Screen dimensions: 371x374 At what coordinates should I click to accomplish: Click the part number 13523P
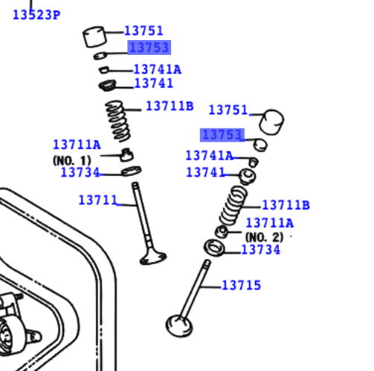[x=36, y=14]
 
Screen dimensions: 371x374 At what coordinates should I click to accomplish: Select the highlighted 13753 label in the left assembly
[x=149, y=47]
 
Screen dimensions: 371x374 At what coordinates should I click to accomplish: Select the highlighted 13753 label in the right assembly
[x=222, y=135]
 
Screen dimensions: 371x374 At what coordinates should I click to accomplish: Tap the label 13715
[x=241, y=285]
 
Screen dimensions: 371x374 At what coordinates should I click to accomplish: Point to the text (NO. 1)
[x=71, y=160]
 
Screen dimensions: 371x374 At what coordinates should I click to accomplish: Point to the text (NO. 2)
[x=264, y=237]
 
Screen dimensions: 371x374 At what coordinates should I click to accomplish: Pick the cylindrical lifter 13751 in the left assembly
[x=96, y=36]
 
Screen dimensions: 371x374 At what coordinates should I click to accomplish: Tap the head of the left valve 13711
[x=152, y=257]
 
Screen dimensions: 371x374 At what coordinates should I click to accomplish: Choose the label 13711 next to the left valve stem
[x=98, y=200]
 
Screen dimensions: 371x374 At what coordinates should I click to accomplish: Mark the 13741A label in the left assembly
[x=157, y=70]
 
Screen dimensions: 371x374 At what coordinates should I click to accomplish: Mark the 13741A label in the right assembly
[x=209, y=156]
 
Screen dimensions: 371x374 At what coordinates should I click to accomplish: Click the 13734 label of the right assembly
[x=260, y=250]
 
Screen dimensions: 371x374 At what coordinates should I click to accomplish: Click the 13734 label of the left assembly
[x=80, y=173]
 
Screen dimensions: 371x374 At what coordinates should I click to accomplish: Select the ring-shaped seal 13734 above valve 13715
[x=213, y=247]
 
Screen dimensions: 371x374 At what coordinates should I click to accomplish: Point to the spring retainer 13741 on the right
[x=247, y=176]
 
